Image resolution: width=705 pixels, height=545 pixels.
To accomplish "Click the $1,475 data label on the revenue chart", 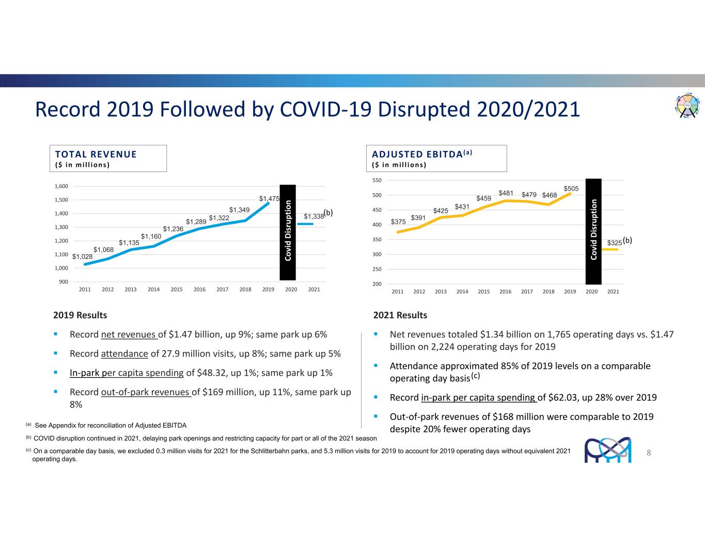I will pyautogui.click(x=269, y=198).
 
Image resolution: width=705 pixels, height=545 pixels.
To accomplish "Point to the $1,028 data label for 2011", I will pyautogui.click(x=82, y=257).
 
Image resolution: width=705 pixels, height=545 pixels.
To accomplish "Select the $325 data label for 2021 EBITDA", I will pyautogui.click(x=614, y=242).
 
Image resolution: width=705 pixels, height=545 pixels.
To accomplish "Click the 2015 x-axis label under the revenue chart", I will pyautogui.click(x=177, y=289).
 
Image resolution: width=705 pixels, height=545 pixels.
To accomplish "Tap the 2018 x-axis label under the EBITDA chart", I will pyautogui.click(x=549, y=291).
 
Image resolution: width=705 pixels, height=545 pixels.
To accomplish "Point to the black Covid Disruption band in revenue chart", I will pyautogui.click(x=288, y=232).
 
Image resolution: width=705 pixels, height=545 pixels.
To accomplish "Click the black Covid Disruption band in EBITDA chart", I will pyautogui.click(x=593, y=231).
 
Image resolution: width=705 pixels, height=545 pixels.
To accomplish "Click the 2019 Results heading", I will pyautogui.click(x=80, y=315).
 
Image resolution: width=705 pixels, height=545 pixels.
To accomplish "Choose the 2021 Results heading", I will pyautogui.click(x=400, y=315).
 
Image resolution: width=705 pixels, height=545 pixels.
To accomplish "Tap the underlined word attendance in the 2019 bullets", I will pyautogui.click(x=124, y=354).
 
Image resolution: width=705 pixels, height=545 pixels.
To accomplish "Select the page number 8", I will pyautogui.click(x=649, y=453).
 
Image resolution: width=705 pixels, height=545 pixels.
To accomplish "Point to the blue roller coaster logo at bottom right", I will pyautogui.click(x=608, y=450).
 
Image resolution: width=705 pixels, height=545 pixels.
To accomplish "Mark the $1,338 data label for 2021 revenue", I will pyautogui.click(x=314, y=216).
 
